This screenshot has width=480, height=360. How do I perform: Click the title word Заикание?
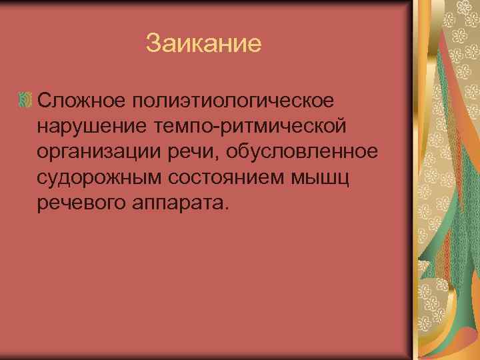pos(203,45)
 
